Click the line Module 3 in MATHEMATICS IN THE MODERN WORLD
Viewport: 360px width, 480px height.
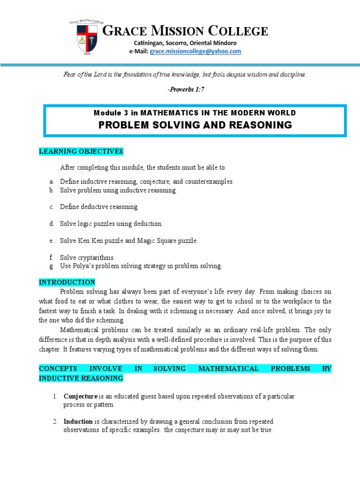pyautogui.click(x=195, y=112)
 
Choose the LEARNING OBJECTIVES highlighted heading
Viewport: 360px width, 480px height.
pyautogui.click(x=81, y=151)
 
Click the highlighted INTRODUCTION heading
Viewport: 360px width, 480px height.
pyautogui.click(x=67, y=282)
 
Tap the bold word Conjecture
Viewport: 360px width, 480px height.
pyautogui.click(x=81, y=396)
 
